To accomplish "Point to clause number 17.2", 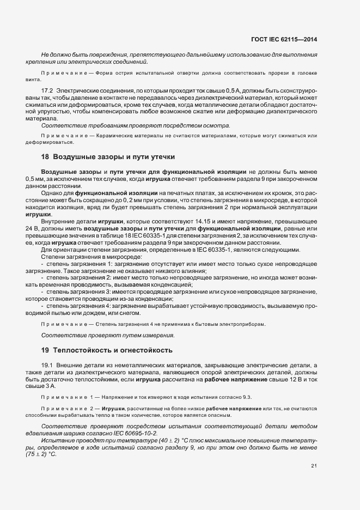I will (x=47, y=89).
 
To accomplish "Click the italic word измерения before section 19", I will (x=157, y=335).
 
